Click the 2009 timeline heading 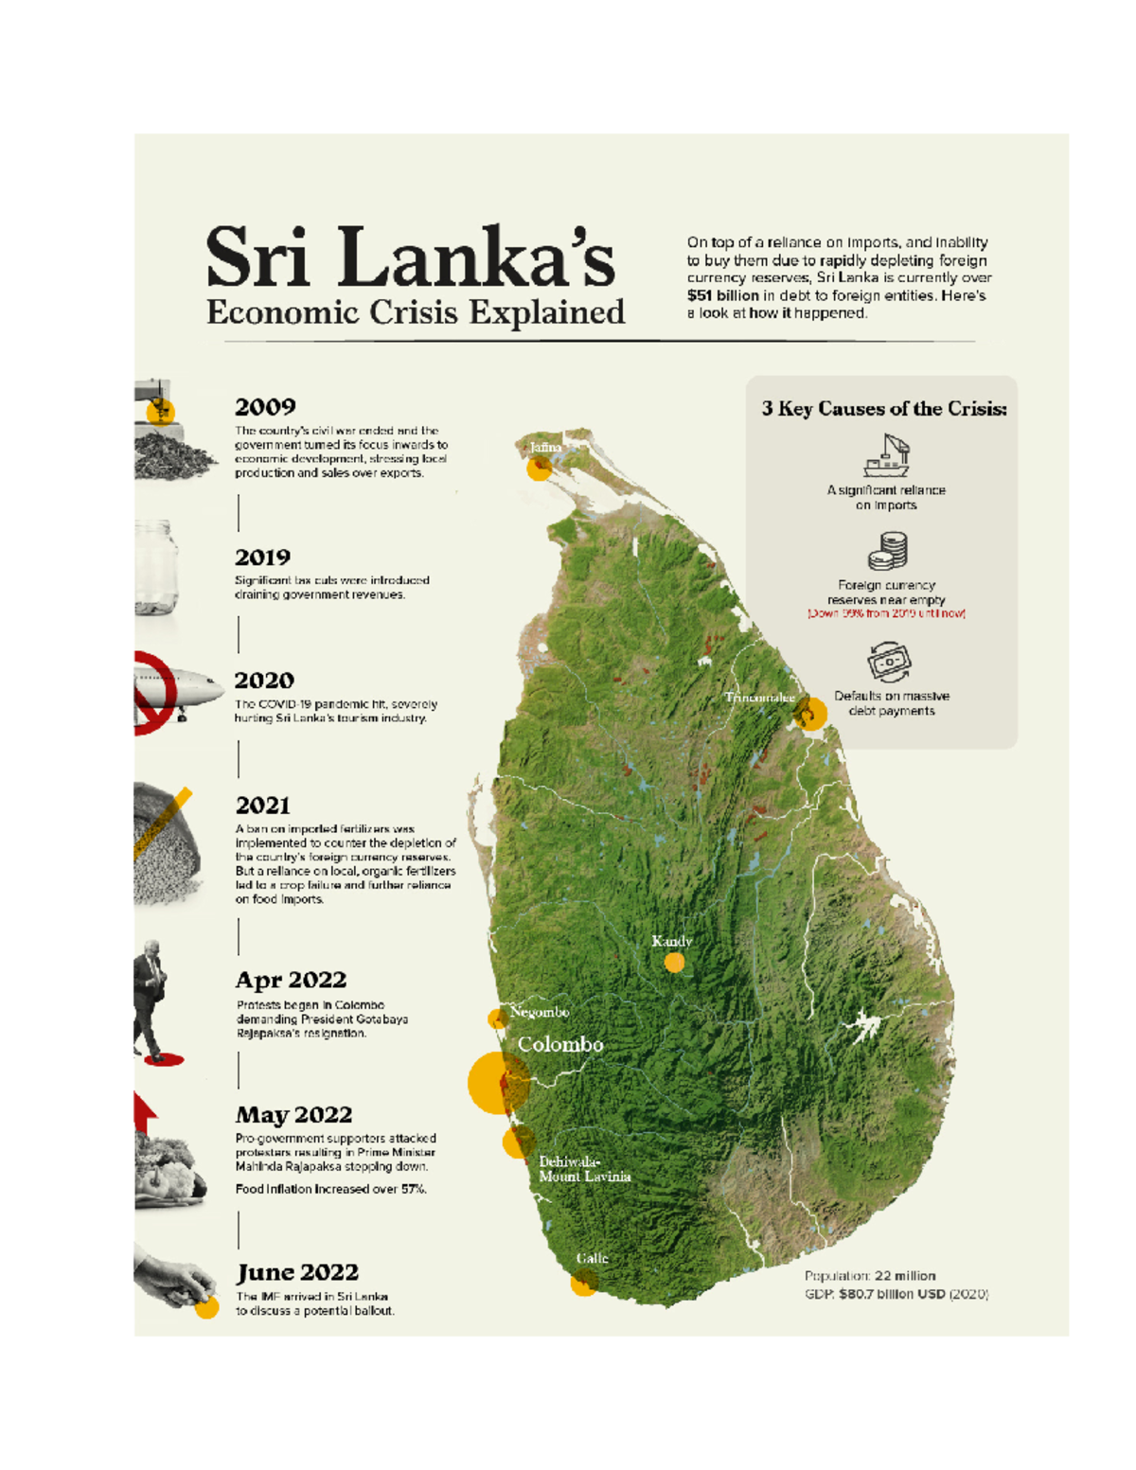pyautogui.click(x=265, y=407)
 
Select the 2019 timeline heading pyautogui.click(x=262, y=558)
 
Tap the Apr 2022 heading pyautogui.click(x=291, y=980)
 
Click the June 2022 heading pyautogui.click(x=297, y=1272)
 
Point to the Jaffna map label pyautogui.click(x=545, y=447)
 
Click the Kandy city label pyautogui.click(x=672, y=941)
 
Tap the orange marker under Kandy pyautogui.click(x=674, y=963)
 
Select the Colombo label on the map pyautogui.click(x=560, y=1044)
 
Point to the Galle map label pyautogui.click(x=593, y=1258)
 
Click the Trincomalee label pyautogui.click(x=760, y=698)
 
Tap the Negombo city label pyautogui.click(x=540, y=1012)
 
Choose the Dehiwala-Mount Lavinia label pyautogui.click(x=584, y=1169)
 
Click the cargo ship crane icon pyautogui.click(x=887, y=455)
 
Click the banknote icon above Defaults pyautogui.click(x=889, y=662)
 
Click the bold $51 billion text pyautogui.click(x=723, y=295)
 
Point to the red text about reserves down pyautogui.click(x=886, y=613)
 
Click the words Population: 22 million pyautogui.click(x=870, y=1276)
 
